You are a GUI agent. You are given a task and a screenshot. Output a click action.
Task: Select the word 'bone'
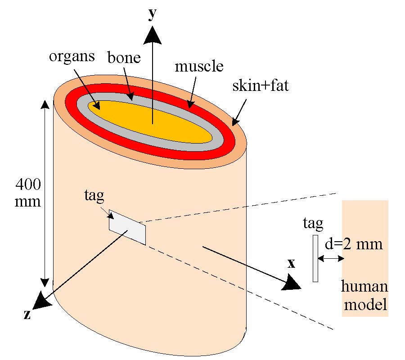tap(124, 58)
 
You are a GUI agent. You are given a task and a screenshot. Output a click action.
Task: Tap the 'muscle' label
tap(199, 66)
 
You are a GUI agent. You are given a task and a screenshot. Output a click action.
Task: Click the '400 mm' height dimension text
tap(28, 193)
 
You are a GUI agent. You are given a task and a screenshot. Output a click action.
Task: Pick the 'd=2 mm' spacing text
tap(353, 244)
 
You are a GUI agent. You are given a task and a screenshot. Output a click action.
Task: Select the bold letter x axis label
tap(291, 264)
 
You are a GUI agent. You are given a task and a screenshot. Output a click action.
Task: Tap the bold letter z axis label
tap(27, 315)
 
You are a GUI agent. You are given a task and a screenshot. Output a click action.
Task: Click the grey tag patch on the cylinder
tap(127, 227)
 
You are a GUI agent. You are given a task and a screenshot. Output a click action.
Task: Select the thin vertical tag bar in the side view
tap(315, 258)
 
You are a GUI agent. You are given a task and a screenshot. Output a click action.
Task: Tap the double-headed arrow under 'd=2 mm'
tap(331, 258)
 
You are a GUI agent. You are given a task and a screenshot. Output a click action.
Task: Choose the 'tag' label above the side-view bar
tap(314, 224)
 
